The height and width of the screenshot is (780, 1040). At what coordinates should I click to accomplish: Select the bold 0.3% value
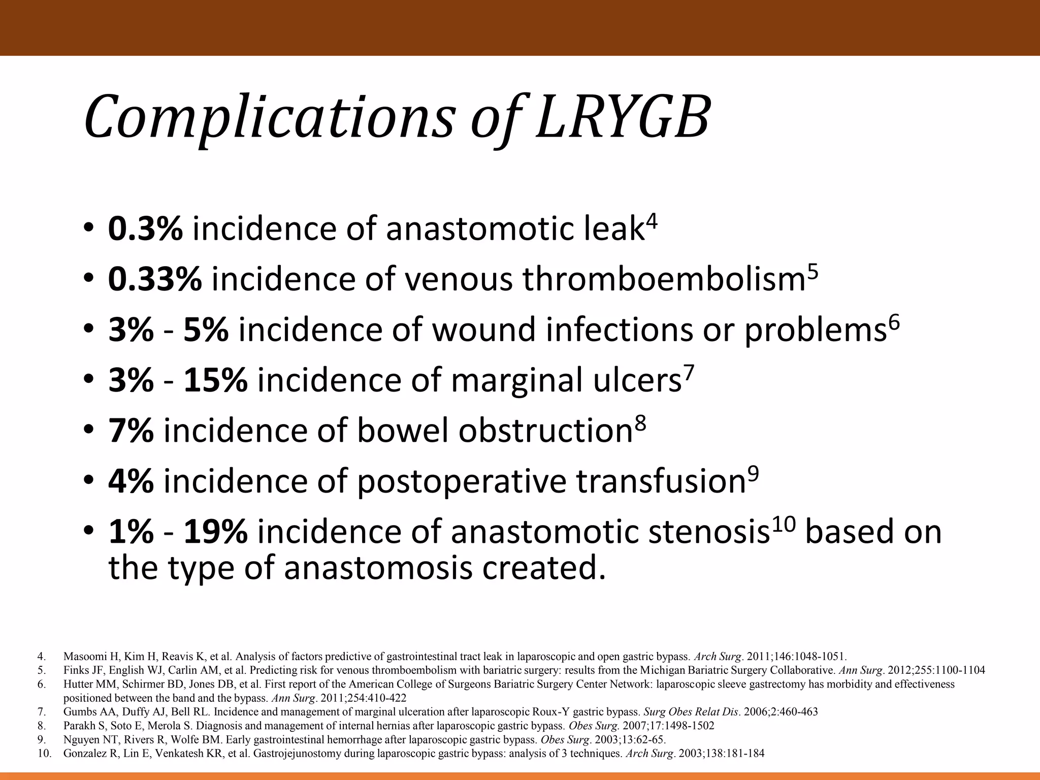[x=145, y=229]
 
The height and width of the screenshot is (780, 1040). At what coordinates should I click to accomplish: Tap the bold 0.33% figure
[x=155, y=279]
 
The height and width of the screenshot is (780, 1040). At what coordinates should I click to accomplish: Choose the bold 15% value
[x=215, y=380]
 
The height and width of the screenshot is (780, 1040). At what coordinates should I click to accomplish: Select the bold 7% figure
[x=131, y=431]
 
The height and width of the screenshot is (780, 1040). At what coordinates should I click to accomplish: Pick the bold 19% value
[x=215, y=532]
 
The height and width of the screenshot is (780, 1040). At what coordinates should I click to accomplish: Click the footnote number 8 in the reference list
[x=42, y=726]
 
